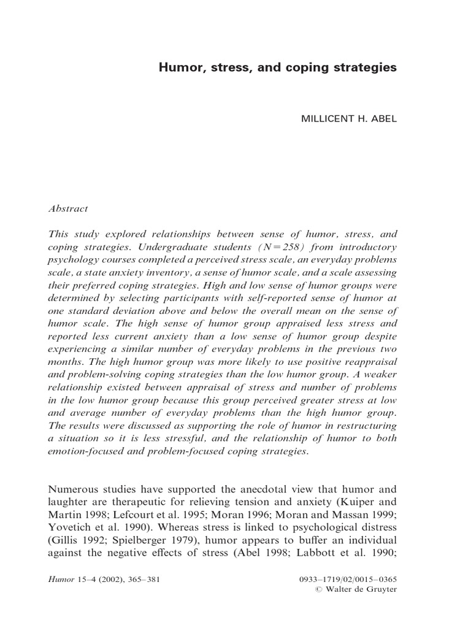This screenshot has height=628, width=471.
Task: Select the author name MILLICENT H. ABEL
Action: point(349,118)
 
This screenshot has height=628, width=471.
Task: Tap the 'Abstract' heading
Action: point(67,209)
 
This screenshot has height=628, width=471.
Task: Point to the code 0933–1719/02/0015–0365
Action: point(347,579)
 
